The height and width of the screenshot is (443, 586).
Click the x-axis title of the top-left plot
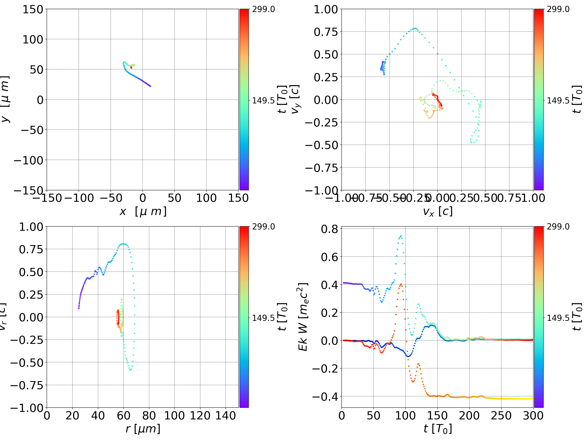pos(143,211)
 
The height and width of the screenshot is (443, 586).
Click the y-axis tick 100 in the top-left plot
pos(33,39)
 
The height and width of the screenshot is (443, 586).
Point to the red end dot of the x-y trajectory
pos(131,68)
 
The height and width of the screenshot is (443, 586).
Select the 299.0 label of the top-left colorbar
pos(263,9)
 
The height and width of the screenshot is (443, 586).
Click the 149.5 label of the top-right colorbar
pos(558,101)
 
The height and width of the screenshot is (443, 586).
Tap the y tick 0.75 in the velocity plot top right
pos(326,32)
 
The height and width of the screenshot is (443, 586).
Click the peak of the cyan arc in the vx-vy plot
pos(415,28)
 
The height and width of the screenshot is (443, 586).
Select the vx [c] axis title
pos(438,211)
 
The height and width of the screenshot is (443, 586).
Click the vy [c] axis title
pos(295,99)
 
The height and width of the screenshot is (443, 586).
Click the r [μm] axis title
pos(143,429)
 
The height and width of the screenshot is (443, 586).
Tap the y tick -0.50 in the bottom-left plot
pos(26,362)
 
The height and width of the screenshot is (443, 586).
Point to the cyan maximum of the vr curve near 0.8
pos(122,244)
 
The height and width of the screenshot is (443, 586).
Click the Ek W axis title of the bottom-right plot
pos(303,317)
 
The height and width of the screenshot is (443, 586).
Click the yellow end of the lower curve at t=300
pos(532,398)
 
